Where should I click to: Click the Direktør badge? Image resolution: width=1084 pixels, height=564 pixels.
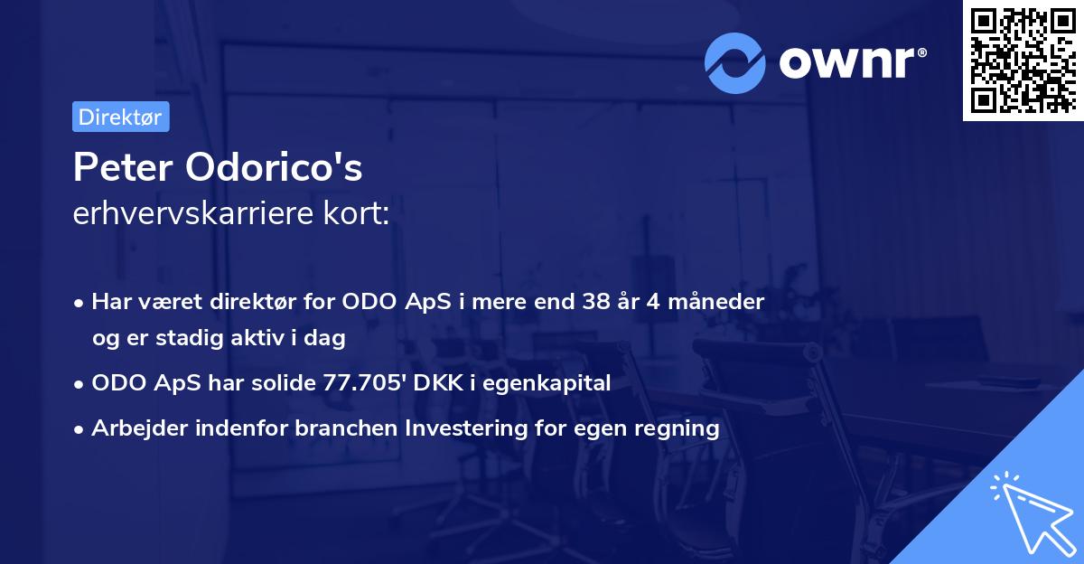[x=120, y=117]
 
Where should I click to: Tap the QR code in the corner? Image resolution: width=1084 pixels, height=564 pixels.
[x=1023, y=61]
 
